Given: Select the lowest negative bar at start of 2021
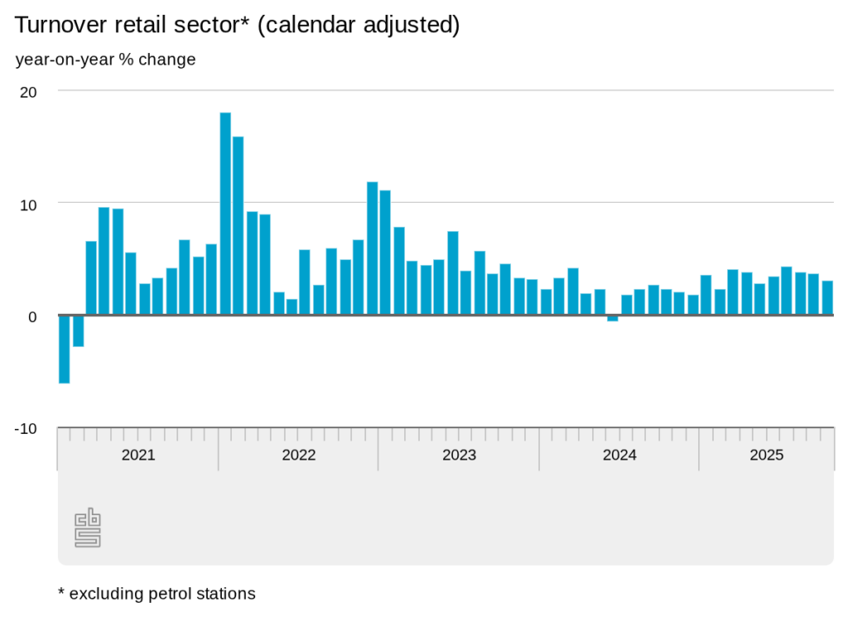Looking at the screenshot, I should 64,349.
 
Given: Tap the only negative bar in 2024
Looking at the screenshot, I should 613,318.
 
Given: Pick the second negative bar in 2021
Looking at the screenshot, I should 78,330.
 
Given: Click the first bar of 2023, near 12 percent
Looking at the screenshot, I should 373,248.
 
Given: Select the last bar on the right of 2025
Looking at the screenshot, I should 826,298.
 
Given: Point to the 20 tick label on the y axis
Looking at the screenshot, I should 28,92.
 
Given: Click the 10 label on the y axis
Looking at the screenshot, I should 28,204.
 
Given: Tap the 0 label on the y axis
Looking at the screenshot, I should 31,316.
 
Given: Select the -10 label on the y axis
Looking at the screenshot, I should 26,428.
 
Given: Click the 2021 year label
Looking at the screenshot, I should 137,455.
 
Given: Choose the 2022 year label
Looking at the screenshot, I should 298,455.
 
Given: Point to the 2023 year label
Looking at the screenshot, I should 459,455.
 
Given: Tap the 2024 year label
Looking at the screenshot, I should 619,455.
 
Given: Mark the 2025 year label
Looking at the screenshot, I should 766,455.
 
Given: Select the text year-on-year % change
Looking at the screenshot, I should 105,60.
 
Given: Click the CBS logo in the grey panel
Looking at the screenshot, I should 88,528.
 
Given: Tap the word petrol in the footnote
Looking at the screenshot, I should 170,594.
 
